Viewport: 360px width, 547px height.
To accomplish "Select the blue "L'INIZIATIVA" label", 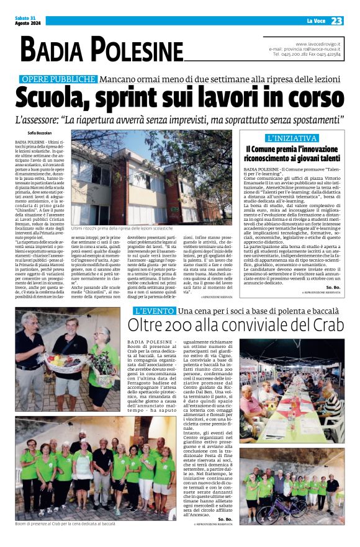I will (291, 138).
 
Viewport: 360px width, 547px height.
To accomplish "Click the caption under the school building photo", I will (122, 229).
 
